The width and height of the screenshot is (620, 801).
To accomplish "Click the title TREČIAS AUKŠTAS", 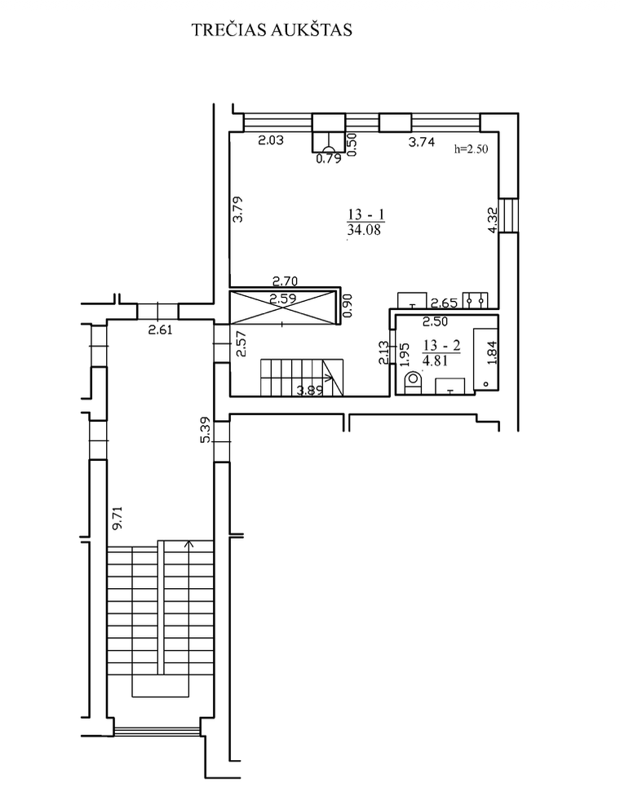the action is pyautogui.click(x=272, y=29).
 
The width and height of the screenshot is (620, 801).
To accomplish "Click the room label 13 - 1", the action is pyautogui.click(x=365, y=214).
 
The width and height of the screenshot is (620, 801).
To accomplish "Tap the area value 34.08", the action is pyautogui.click(x=364, y=230).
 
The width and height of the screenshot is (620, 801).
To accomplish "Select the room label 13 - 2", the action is pyautogui.click(x=441, y=346).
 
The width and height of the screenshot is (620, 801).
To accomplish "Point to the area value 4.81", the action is pyautogui.click(x=435, y=361).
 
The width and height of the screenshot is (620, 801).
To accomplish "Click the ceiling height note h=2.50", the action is pyautogui.click(x=471, y=148).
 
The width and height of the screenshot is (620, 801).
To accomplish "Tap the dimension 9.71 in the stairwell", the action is pyautogui.click(x=117, y=519).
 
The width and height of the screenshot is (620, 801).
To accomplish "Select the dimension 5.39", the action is pyautogui.click(x=206, y=431).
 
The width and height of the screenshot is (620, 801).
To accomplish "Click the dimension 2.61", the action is pyautogui.click(x=161, y=330).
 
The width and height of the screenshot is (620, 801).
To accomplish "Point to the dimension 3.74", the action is pyautogui.click(x=421, y=142).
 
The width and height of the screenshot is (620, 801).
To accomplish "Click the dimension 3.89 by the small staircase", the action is pyautogui.click(x=311, y=391).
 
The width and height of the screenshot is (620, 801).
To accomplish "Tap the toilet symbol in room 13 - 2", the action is pyautogui.click(x=413, y=382).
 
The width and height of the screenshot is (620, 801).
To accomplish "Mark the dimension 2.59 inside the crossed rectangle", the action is pyautogui.click(x=283, y=299).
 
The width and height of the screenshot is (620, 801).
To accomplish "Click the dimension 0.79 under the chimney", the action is pyautogui.click(x=329, y=158).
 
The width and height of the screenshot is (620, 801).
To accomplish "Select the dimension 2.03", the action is pyautogui.click(x=270, y=140).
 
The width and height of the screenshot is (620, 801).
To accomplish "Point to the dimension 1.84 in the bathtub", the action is pyautogui.click(x=492, y=352).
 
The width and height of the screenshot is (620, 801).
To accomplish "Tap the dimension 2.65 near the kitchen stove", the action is pyautogui.click(x=444, y=303).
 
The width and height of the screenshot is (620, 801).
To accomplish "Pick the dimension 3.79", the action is pyautogui.click(x=238, y=209).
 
